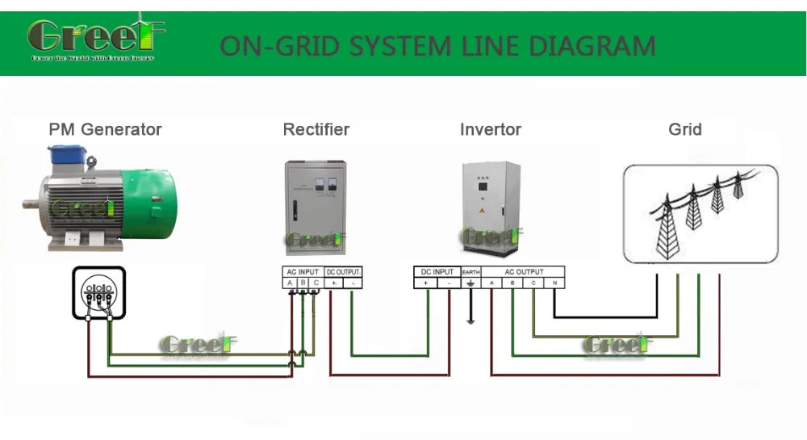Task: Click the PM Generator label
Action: [x=105, y=129]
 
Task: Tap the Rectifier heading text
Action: [x=316, y=129]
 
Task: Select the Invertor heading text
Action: [x=491, y=129]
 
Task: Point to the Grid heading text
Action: [x=685, y=129]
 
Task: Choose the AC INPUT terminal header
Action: [x=303, y=272]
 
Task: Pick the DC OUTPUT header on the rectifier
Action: [x=344, y=272]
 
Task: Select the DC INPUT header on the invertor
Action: [x=437, y=272]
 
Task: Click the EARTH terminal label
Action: [x=470, y=272]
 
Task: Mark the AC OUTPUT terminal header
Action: [x=524, y=272]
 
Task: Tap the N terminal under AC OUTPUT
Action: [x=554, y=283]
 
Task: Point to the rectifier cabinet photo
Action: [x=316, y=207]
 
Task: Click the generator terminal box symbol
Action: [x=98, y=294]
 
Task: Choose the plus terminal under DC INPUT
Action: [x=425, y=283]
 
